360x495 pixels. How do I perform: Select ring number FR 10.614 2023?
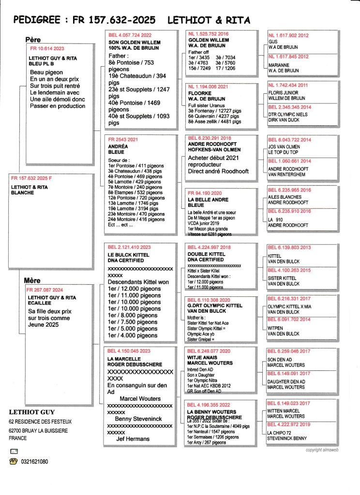47,49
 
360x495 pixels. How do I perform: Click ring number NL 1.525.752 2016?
208,34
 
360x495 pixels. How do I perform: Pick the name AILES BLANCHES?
284,197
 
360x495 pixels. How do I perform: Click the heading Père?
33,40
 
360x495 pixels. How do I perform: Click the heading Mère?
32,280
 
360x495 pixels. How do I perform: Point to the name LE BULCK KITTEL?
128,254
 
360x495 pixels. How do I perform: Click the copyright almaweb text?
324,450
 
